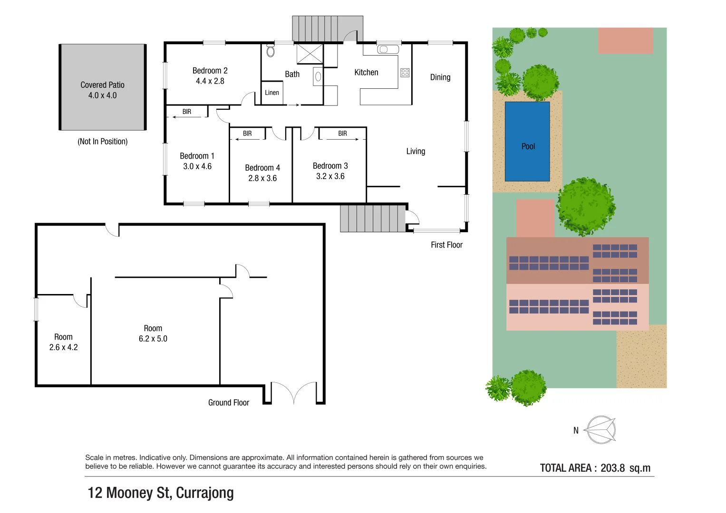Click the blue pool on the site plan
[527, 142]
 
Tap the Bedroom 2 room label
[210, 71]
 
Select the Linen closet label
[272, 93]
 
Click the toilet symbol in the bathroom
[271, 51]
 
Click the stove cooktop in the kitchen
[405, 73]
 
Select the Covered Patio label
[102, 85]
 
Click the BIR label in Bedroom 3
[342, 133]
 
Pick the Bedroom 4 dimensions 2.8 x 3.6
[262, 179]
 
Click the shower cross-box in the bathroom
[310, 54]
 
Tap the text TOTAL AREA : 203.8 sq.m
[595, 468]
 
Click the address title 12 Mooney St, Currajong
[161, 493]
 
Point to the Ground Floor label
[228, 402]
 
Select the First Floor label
[446, 245]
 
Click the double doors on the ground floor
[294, 393]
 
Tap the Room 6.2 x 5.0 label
[153, 333]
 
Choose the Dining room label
[440, 77]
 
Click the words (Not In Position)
[102, 142]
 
